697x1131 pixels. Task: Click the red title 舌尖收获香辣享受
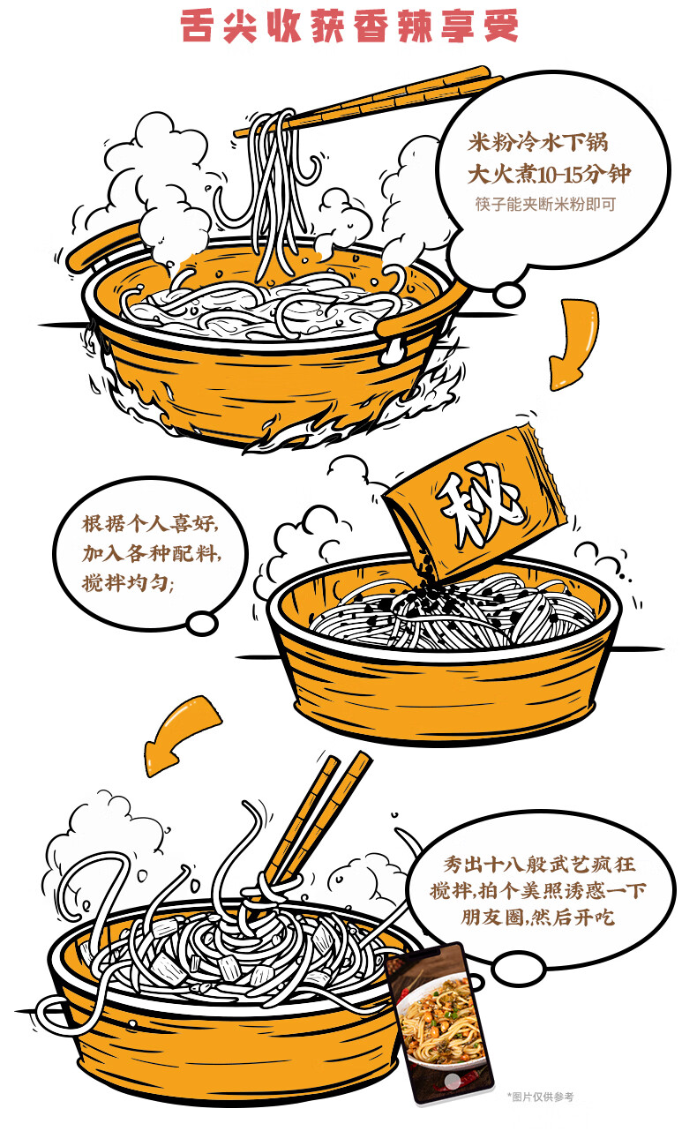point(349,26)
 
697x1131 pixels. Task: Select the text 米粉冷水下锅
point(537,142)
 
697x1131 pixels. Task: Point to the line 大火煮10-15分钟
point(549,174)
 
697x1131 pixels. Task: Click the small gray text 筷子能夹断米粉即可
point(545,204)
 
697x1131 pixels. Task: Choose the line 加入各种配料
point(151,553)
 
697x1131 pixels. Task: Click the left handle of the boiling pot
point(103,247)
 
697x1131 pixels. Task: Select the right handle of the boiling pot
point(419,313)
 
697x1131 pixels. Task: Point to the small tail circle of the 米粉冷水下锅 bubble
point(508,295)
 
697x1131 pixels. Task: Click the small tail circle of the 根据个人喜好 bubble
point(203,623)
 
